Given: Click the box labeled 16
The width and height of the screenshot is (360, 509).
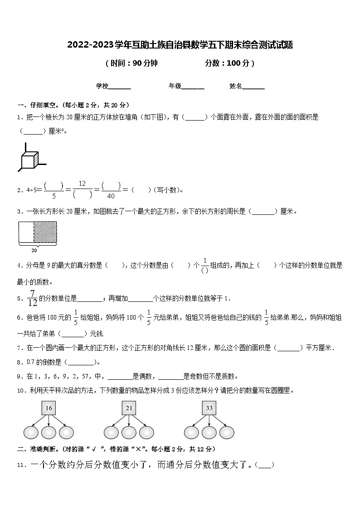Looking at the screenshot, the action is [49, 408].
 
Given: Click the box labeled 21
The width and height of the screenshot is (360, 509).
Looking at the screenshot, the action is [129, 408].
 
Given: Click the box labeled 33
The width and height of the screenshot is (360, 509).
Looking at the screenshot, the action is [209, 408].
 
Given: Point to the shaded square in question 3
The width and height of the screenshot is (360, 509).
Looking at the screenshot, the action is [45, 232].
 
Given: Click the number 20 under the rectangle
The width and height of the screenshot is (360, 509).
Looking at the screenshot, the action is [34, 250].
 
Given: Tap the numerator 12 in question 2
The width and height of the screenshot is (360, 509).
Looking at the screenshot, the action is [82, 184].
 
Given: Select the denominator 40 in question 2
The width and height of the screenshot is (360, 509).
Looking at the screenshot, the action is [111, 196].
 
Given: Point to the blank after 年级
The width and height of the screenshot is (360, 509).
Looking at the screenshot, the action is [193, 86].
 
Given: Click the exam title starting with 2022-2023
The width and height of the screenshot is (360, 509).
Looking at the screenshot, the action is [180, 45].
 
